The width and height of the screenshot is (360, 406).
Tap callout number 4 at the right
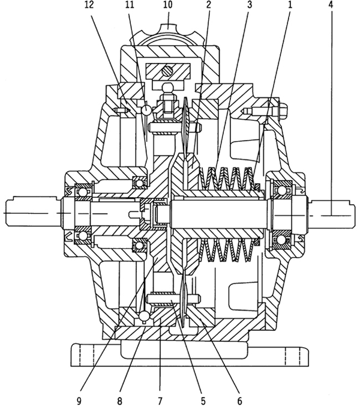332,5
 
